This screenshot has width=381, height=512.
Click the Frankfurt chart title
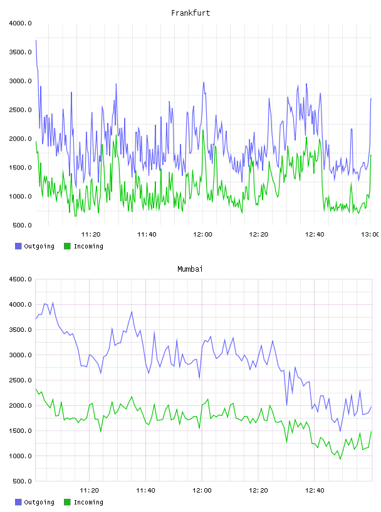190,13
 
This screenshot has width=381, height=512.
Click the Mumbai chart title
190,269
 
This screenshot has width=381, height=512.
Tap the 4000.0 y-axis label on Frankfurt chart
20,23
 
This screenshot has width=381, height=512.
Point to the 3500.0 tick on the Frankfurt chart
20,52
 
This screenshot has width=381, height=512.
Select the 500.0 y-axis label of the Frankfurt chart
22,225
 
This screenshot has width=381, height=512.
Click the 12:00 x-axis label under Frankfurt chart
202,235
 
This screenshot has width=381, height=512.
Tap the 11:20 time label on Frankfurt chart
91,235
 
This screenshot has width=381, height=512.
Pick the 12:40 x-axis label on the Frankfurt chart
315,235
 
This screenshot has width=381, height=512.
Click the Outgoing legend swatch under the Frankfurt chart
18,246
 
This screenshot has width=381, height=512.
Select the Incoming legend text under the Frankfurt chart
88,247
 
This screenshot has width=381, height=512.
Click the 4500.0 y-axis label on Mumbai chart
20,279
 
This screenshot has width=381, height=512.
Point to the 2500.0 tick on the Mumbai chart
20,380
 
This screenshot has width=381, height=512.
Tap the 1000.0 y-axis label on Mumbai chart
20,456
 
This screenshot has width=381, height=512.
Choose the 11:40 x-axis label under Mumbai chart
145,491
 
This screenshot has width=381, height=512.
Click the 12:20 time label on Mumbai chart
258,491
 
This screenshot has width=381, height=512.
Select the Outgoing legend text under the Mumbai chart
39,503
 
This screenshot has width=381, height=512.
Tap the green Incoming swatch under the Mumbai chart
67,502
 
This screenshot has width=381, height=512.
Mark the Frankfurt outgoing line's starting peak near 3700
36,40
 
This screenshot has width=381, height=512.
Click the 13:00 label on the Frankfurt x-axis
370,235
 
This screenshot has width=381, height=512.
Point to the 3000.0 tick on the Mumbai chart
20,355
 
